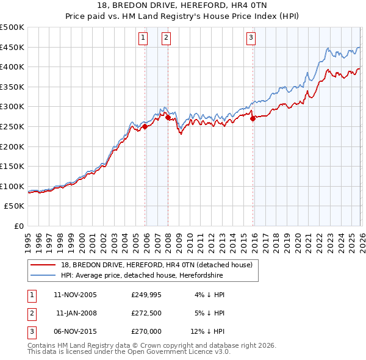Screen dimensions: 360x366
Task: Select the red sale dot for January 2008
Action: coord(168,117)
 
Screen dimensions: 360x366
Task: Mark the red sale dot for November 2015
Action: coord(253,118)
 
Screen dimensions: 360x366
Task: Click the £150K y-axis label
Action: coord(12,166)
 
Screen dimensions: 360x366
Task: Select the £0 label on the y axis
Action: coord(18,226)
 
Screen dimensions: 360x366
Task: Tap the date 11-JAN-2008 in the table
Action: coord(76,313)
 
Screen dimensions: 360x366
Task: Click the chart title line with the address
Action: coord(183,5)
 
